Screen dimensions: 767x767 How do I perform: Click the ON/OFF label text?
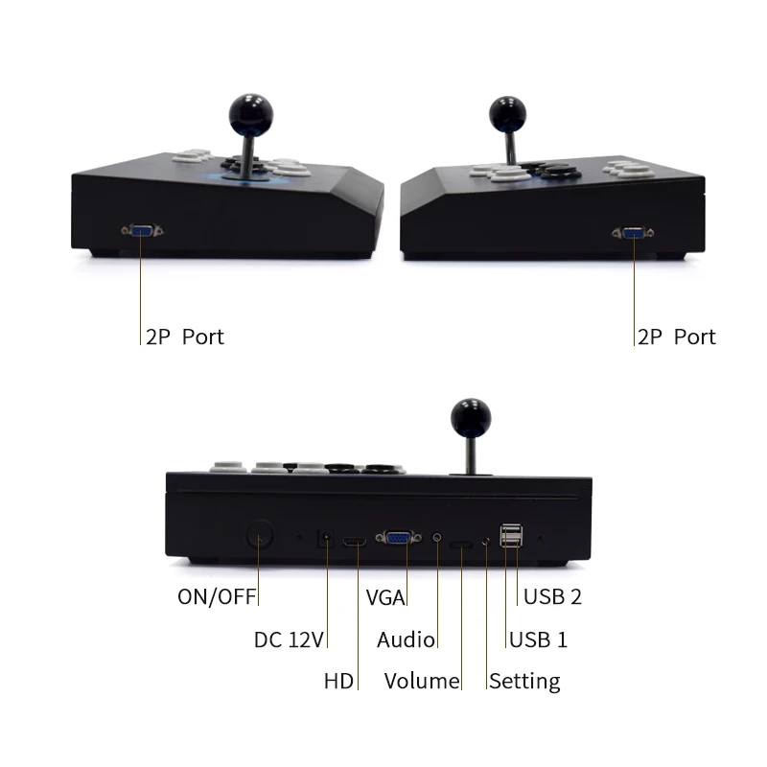(217, 596)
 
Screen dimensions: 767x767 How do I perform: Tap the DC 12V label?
(289, 639)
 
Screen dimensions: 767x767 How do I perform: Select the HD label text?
(338, 682)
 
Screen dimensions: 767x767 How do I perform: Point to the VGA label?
(385, 596)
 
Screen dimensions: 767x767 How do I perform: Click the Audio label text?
(406, 639)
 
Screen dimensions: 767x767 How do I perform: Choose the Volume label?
(422, 682)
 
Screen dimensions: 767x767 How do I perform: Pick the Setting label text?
(524, 682)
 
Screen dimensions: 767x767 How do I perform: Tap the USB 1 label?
(538, 639)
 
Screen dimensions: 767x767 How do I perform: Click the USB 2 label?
(552, 596)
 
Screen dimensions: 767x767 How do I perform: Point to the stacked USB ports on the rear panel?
(511, 538)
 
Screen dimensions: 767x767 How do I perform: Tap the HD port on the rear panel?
(355, 544)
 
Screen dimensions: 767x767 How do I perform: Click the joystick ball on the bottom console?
(471, 415)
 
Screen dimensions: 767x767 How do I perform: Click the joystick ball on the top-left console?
(248, 112)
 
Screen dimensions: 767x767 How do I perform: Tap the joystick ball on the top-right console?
(507, 113)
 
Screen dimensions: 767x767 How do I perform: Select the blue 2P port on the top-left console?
(142, 230)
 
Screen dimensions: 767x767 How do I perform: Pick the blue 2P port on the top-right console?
(633, 232)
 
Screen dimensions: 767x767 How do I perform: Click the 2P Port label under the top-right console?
(676, 337)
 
